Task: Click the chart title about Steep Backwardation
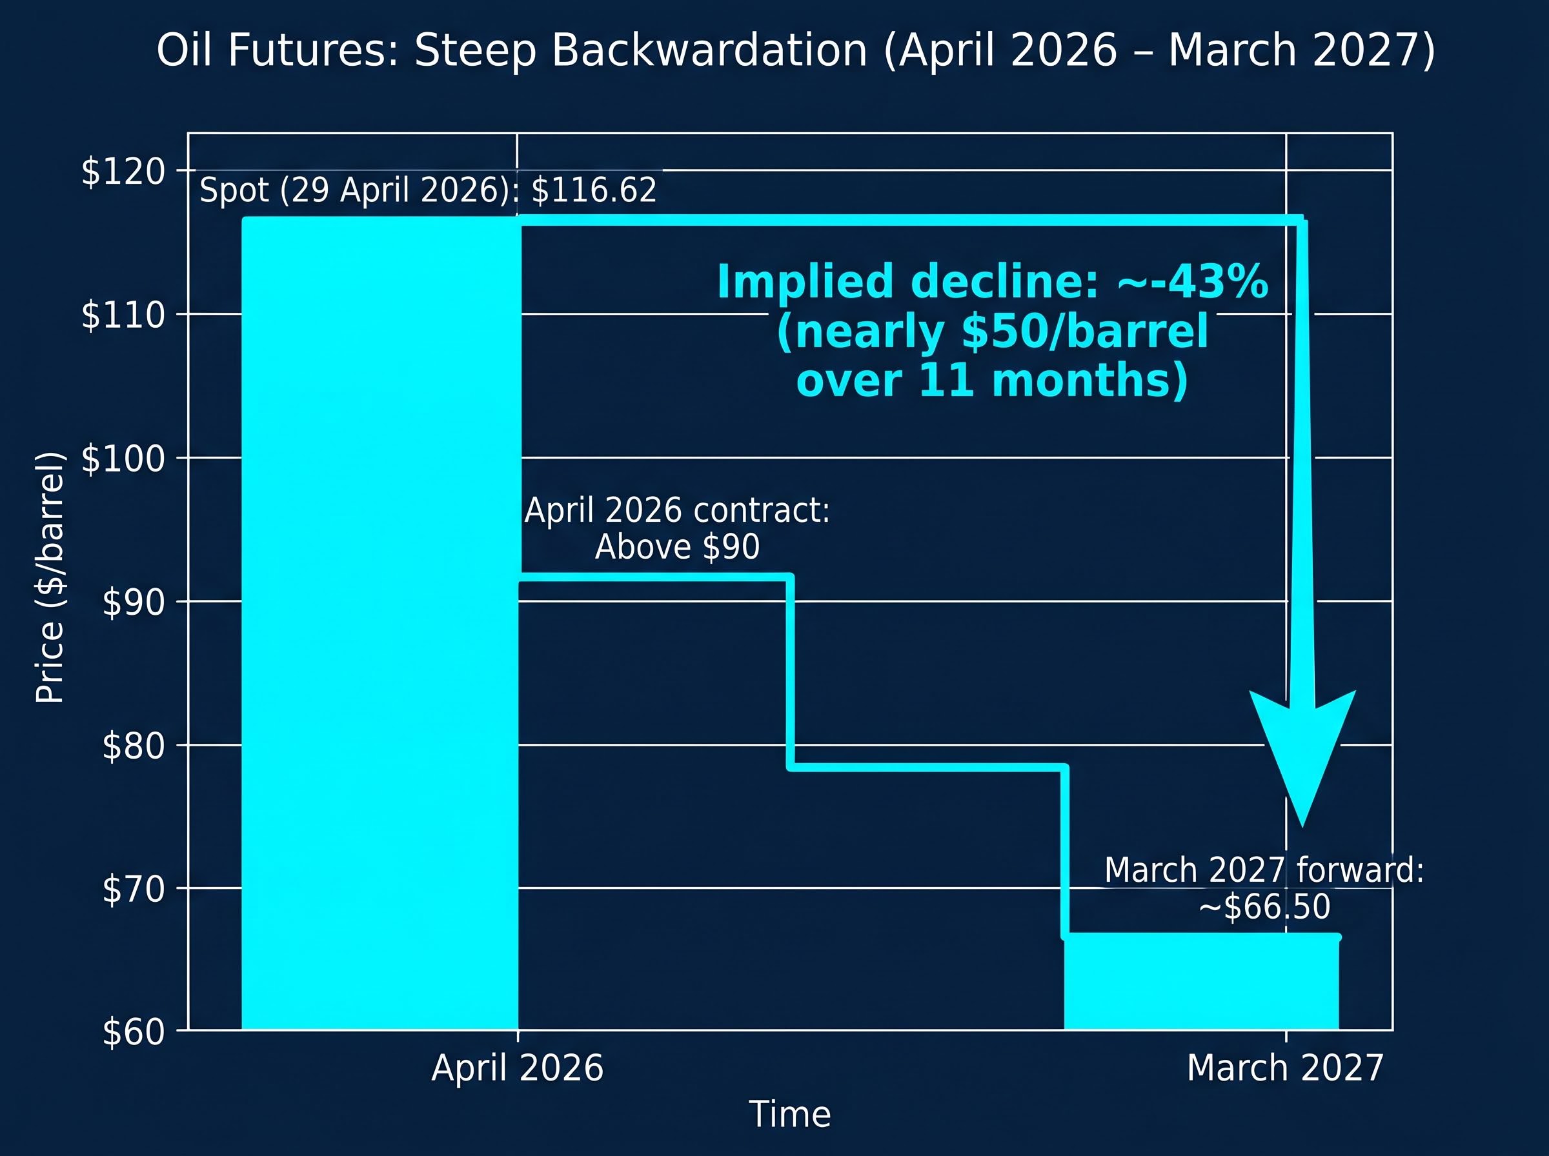795,50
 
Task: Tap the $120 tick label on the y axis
123,172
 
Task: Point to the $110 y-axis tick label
123,315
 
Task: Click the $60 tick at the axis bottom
134,1032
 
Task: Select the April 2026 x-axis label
517,1068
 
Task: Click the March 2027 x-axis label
1285,1068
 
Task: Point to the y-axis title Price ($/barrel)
50,577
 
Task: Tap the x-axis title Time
789,1114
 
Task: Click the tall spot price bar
380,623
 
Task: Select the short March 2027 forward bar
1201,982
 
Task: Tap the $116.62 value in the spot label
594,190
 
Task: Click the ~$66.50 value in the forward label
1264,908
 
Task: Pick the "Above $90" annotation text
677,547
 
